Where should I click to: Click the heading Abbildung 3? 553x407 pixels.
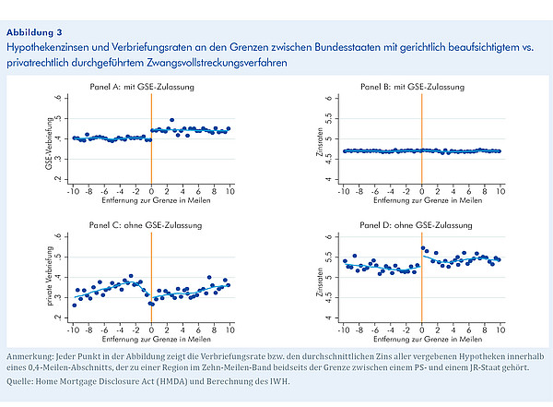[34, 32]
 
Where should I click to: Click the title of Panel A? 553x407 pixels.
[142, 87]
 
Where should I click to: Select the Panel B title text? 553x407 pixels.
[412, 87]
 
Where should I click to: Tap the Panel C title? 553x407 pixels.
[146, 225]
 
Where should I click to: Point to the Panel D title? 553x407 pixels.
[416, 225]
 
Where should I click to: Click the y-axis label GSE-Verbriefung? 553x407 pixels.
[49, 143]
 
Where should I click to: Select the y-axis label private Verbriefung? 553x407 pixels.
[50, 276]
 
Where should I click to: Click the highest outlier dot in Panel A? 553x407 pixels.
[171, 120]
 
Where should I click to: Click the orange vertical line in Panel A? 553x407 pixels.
[151, 138]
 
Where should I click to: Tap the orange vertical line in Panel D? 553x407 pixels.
[422, 278]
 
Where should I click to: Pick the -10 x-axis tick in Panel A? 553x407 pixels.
[73, 191]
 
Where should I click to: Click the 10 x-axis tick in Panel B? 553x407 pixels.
[500, 191]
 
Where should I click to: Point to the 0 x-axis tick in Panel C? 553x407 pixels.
[151, 330]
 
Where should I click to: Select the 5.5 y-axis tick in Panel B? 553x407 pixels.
[329, 119]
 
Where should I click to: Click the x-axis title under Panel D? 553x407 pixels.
[428, 340]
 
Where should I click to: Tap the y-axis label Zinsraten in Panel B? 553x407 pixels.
[320, 142]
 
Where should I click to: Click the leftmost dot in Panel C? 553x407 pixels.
[75, 305]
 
